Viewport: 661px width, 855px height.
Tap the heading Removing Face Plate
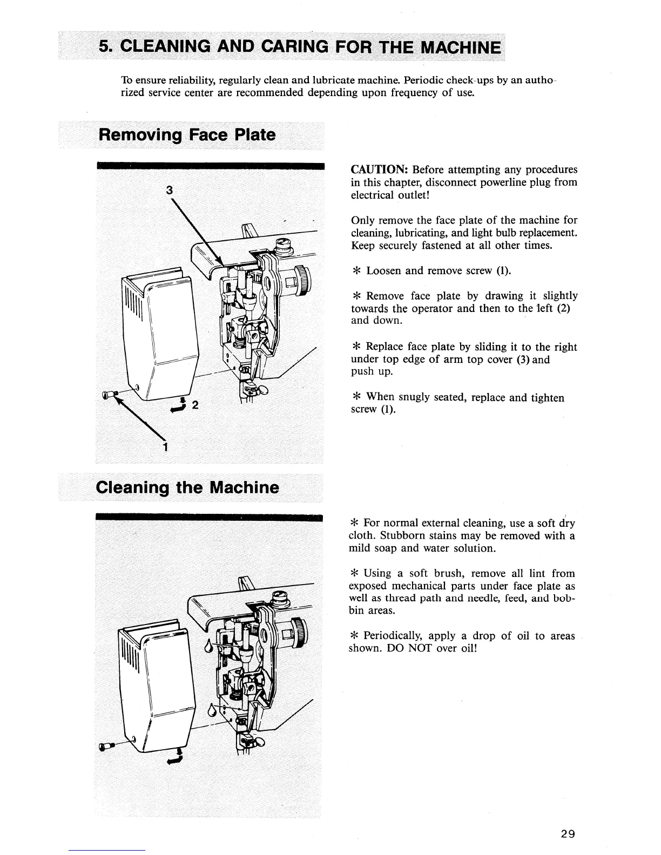[186, 134]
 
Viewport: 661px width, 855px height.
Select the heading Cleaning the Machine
[187, 488]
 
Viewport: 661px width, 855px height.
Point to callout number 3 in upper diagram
[170, 190]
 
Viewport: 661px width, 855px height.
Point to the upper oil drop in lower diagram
[209, 646]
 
